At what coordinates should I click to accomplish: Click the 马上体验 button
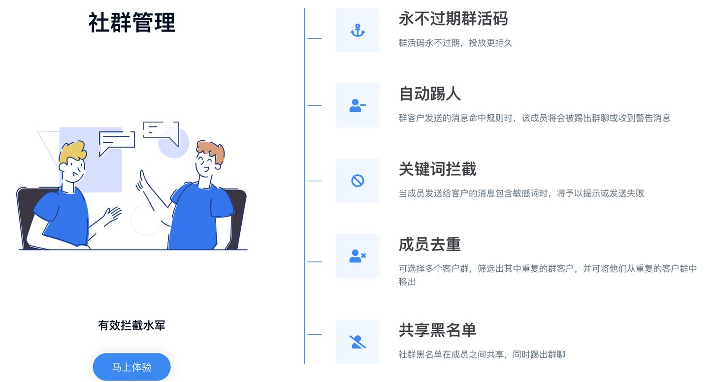coord(131,367)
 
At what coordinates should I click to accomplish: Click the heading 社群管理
coord(131,23)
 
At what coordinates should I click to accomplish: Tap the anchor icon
coord(357,31)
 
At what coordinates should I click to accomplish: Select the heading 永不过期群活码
coord(452,19)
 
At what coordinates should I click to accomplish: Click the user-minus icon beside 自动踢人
coord(357,105)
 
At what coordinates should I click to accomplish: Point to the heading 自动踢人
coord(429,94)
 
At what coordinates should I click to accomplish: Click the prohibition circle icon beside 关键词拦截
coord(357,181)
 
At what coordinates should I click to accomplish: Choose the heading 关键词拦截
coord(437,169)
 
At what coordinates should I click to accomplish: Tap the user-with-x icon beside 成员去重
coord(357,256)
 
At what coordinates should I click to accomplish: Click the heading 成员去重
coord(429,244)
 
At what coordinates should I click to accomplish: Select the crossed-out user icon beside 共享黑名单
coord(357,342)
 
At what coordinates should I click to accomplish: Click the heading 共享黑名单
coord(437,330)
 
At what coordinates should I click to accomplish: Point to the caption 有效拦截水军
coord(131,325)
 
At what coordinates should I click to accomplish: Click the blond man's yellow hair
coord(72,151)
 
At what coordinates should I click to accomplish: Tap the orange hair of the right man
coord(212,149)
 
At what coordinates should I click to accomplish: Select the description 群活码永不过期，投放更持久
coord(455,43)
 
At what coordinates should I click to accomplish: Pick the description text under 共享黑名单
coord(482,354)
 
